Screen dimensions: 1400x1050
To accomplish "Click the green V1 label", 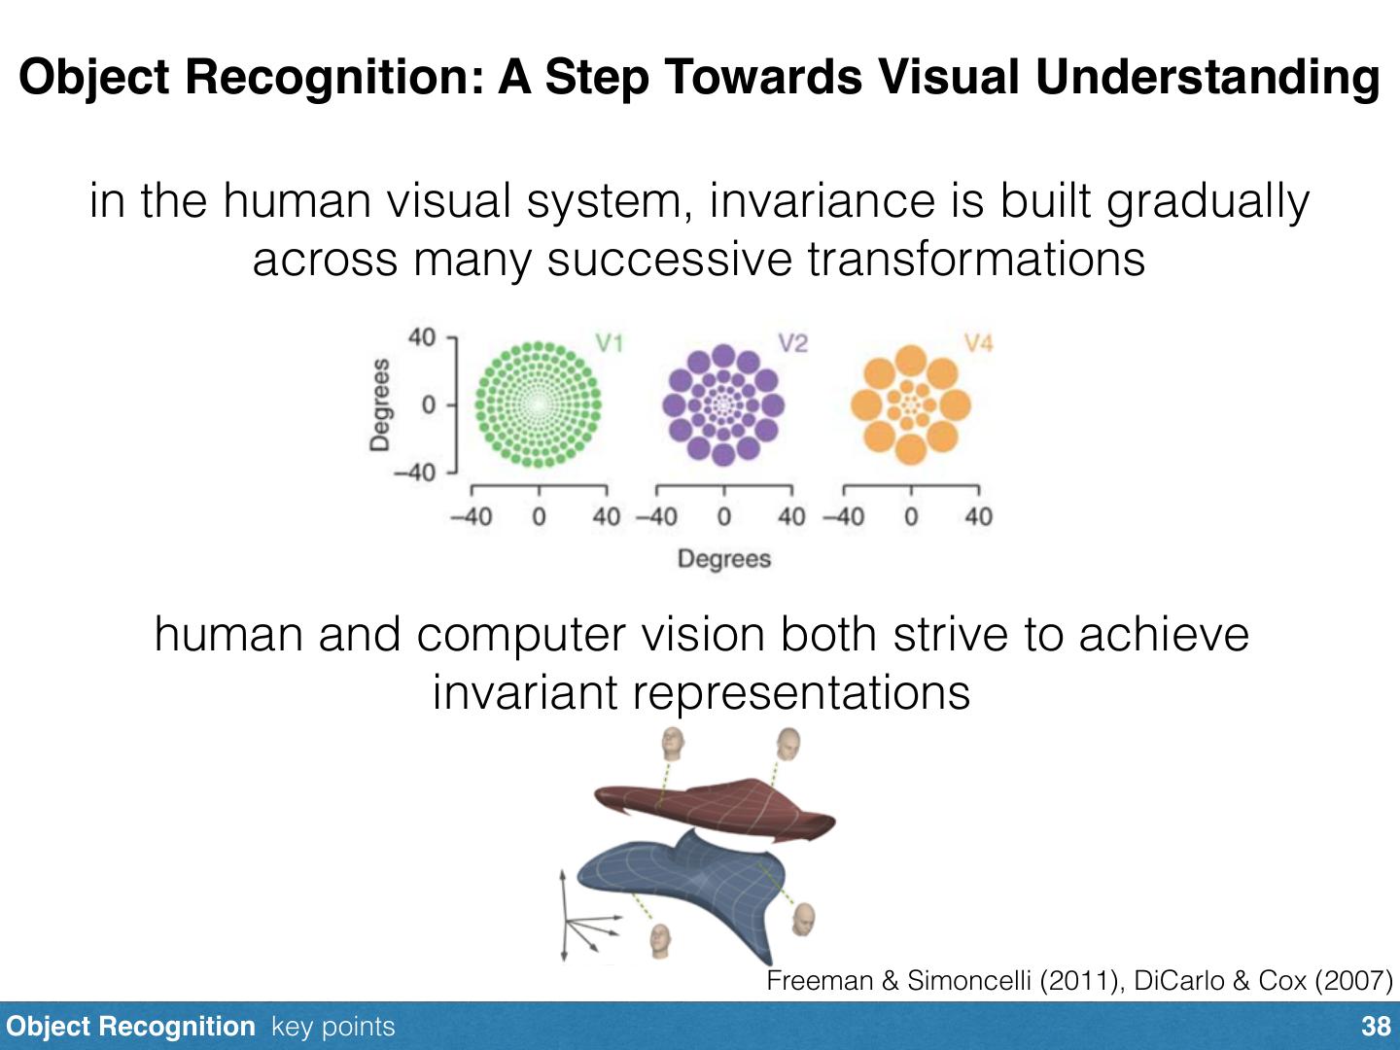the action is (x=609, y=342).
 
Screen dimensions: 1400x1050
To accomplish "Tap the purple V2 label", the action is (x=792, y=342).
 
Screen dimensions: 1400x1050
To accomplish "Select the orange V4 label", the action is (x=978, y=342).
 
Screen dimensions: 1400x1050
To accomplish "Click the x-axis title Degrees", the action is (x=724, y=559).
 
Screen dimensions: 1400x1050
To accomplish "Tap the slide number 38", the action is (x=1376, y=1027).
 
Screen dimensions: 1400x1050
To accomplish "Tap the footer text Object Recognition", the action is (x=130, y=1027).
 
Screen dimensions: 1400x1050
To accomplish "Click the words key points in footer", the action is (x=333, y=1027).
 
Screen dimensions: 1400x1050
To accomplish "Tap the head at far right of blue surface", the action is (x=803, y=919).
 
